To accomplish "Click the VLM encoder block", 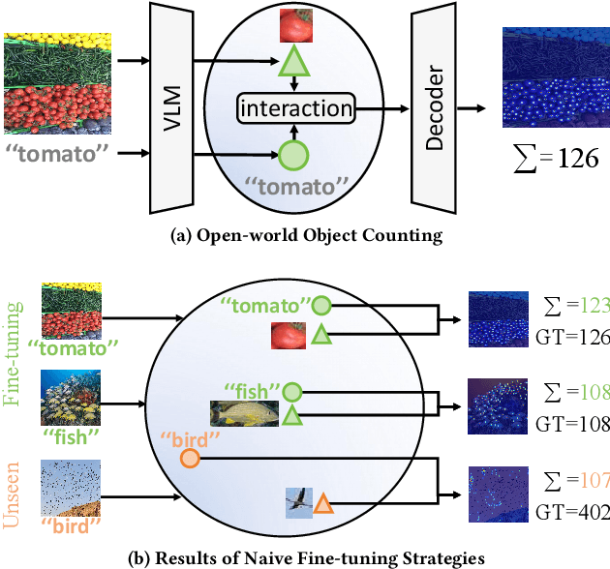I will (168, 106).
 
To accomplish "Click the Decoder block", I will (435, 106).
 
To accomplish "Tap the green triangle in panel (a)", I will (291, 64).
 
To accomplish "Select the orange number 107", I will (593, 478).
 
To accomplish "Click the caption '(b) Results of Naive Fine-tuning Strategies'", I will (305, 556).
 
